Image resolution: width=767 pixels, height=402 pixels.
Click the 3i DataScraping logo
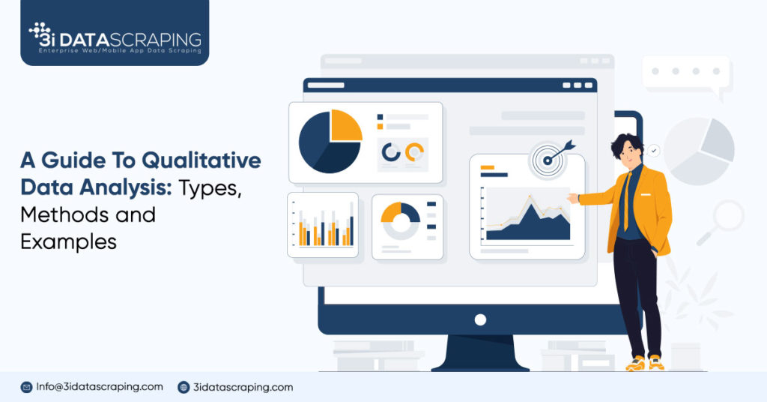114,37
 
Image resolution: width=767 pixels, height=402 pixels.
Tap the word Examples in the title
68,241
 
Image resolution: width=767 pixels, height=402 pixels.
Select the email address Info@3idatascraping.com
100,387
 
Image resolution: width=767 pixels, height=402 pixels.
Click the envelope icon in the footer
26,387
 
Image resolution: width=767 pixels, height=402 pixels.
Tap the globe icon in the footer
184,387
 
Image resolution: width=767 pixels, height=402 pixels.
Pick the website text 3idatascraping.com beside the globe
243,387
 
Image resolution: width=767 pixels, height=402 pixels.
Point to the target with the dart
549,158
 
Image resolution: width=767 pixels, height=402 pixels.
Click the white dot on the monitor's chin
480,319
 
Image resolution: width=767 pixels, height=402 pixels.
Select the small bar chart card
323,225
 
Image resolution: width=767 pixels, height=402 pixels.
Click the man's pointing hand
573,198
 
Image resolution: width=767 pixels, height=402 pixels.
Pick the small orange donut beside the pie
414,152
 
